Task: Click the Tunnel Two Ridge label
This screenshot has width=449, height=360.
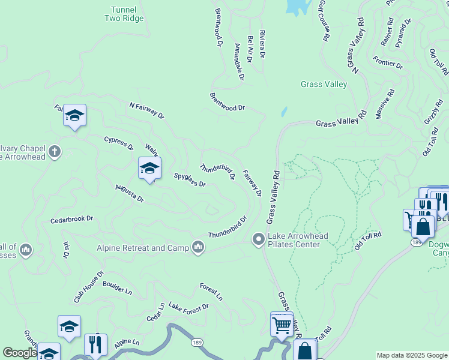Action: (124, 14)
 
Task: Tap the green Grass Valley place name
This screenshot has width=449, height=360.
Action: (324, 85)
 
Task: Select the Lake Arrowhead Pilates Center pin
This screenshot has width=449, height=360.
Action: (259, 240)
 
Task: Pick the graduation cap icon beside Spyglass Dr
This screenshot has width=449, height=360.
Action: (149, 169)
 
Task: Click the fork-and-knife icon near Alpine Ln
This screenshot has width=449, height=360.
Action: (95, 344)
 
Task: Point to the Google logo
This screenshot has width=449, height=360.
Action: (19, 353)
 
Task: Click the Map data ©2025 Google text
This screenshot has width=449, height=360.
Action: (411, 355)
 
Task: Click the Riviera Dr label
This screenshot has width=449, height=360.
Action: (262, 44)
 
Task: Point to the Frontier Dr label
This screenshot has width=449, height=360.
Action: (387, 62)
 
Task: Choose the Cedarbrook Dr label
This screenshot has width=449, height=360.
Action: (72, 219)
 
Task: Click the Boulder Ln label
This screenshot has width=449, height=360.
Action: (117, 287)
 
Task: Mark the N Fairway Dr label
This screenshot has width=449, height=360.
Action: (146, 110)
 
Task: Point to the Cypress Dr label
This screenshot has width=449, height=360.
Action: (118, 142)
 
